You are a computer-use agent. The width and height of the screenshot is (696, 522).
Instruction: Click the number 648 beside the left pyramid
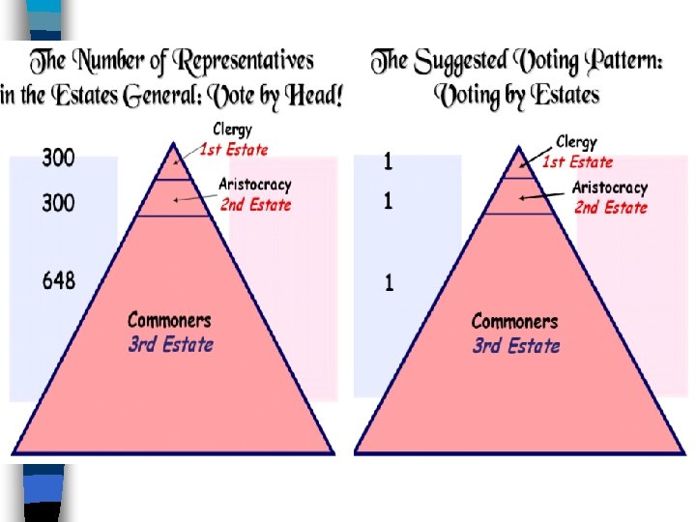pos(58,281)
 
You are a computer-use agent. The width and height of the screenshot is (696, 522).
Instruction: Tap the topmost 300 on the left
pos(58,158)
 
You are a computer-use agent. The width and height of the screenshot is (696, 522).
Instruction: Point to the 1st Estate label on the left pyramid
pos(234,149)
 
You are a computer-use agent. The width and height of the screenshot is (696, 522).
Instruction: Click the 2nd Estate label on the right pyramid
pos(611,207)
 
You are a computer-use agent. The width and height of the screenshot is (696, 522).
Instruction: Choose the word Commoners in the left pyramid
pos(169,320)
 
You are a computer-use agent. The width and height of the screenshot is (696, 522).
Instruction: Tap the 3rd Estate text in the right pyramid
pos(516,345)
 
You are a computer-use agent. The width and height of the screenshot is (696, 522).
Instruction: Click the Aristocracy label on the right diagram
pos(610,188)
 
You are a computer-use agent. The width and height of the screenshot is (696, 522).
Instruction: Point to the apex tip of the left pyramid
pos(173,144)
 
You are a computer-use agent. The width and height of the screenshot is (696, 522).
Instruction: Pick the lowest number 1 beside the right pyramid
pos(389,283)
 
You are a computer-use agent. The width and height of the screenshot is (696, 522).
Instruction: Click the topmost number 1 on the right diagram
pos(388,162)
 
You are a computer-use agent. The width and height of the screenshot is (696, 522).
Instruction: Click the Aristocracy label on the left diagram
pos(254,185)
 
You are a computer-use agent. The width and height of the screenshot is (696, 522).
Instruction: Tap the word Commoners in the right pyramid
pos(514,321)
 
